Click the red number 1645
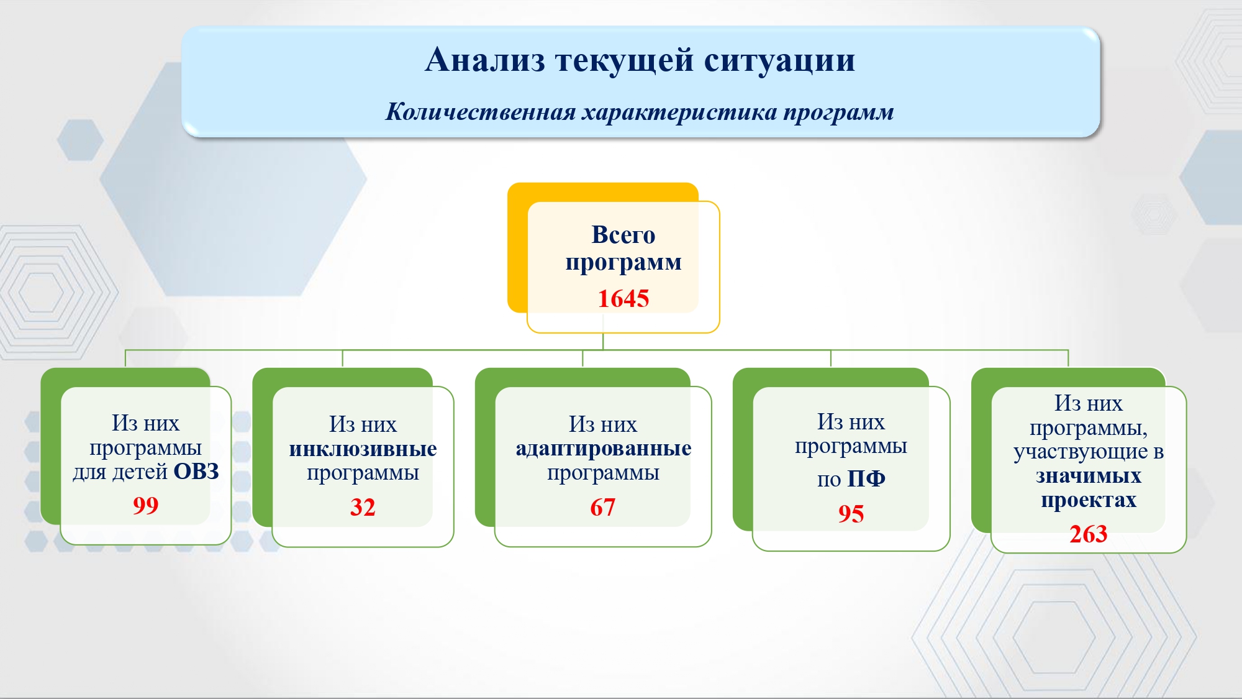coord(623,299)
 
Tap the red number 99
coord(145,506)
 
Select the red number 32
coord(363,508)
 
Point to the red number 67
coord(602,508)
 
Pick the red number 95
coord(851,514)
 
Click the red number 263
coord(1088,534)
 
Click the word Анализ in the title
coord(485,60)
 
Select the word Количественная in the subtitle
coord(481,112)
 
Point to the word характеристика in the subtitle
coord(679,112)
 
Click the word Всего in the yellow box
coord(623,235)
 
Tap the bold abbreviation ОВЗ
coord(196,472)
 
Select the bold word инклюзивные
coord(363,449)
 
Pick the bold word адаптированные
coord(603,449)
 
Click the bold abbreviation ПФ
coord(866,478)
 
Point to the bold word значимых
coord(1088,476)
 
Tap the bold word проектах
coord(1089,501)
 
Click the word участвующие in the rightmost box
coord(1080,452)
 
